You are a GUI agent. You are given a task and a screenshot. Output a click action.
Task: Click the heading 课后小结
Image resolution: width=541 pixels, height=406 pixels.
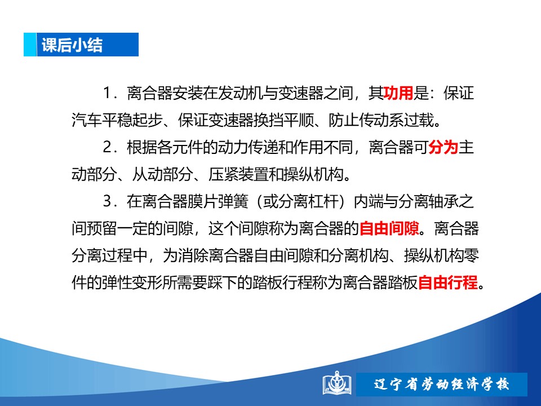72,45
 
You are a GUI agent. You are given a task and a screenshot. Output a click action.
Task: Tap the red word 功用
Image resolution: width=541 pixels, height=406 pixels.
398,93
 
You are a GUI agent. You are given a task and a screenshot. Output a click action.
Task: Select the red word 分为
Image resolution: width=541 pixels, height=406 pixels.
444,147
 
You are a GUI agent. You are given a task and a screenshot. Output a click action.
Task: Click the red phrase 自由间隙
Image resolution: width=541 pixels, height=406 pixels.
389,228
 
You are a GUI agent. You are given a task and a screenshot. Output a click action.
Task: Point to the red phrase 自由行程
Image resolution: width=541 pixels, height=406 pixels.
448,283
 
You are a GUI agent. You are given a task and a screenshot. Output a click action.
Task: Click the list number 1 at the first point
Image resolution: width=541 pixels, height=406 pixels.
107,93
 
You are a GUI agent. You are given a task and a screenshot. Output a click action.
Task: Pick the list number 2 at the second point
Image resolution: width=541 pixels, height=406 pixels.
107,147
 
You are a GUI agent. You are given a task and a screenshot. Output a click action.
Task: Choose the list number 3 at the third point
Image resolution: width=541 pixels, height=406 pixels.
107,202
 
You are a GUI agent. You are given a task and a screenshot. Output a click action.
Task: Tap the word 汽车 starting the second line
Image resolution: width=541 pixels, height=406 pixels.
87,120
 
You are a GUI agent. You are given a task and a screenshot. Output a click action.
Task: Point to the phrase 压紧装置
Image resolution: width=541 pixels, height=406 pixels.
238,174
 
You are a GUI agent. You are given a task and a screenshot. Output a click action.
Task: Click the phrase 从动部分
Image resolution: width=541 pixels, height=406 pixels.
162,174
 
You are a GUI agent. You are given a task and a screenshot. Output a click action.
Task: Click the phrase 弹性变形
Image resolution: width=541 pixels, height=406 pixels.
132,283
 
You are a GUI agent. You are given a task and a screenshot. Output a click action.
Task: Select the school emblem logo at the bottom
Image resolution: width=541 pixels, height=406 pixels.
337,383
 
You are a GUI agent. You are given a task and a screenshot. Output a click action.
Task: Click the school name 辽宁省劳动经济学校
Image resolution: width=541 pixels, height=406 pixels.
442,384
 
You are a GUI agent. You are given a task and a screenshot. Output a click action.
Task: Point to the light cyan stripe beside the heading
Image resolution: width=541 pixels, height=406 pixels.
30,45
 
